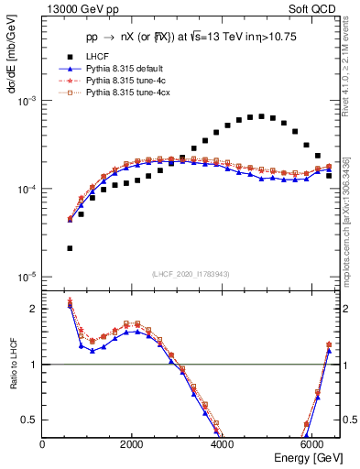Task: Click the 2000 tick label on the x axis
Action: (x=132, y=444)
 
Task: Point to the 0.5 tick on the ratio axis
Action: (x=30, y=420)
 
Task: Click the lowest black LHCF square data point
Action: (x=70, y=248)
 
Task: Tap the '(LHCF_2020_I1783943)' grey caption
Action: (x=191, y=275)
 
